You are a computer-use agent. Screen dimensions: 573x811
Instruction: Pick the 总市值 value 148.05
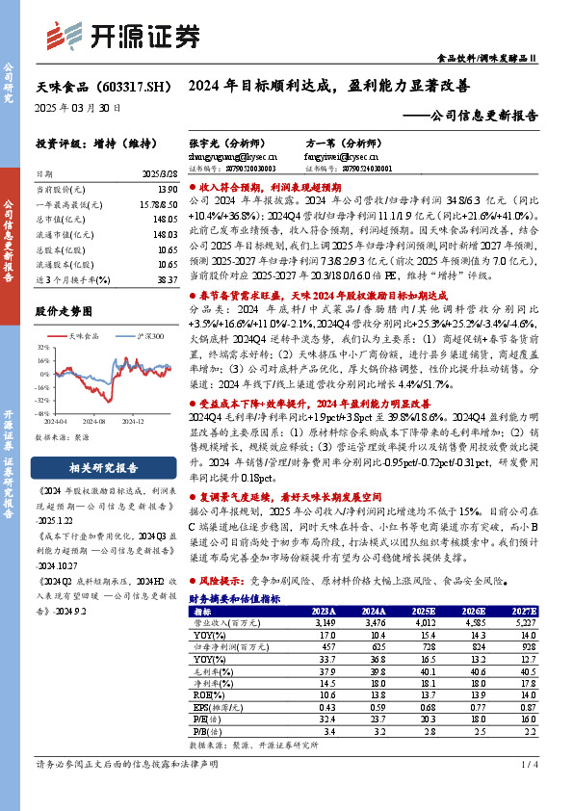point(165,219)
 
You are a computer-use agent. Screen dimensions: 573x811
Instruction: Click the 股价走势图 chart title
point(64,311)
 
